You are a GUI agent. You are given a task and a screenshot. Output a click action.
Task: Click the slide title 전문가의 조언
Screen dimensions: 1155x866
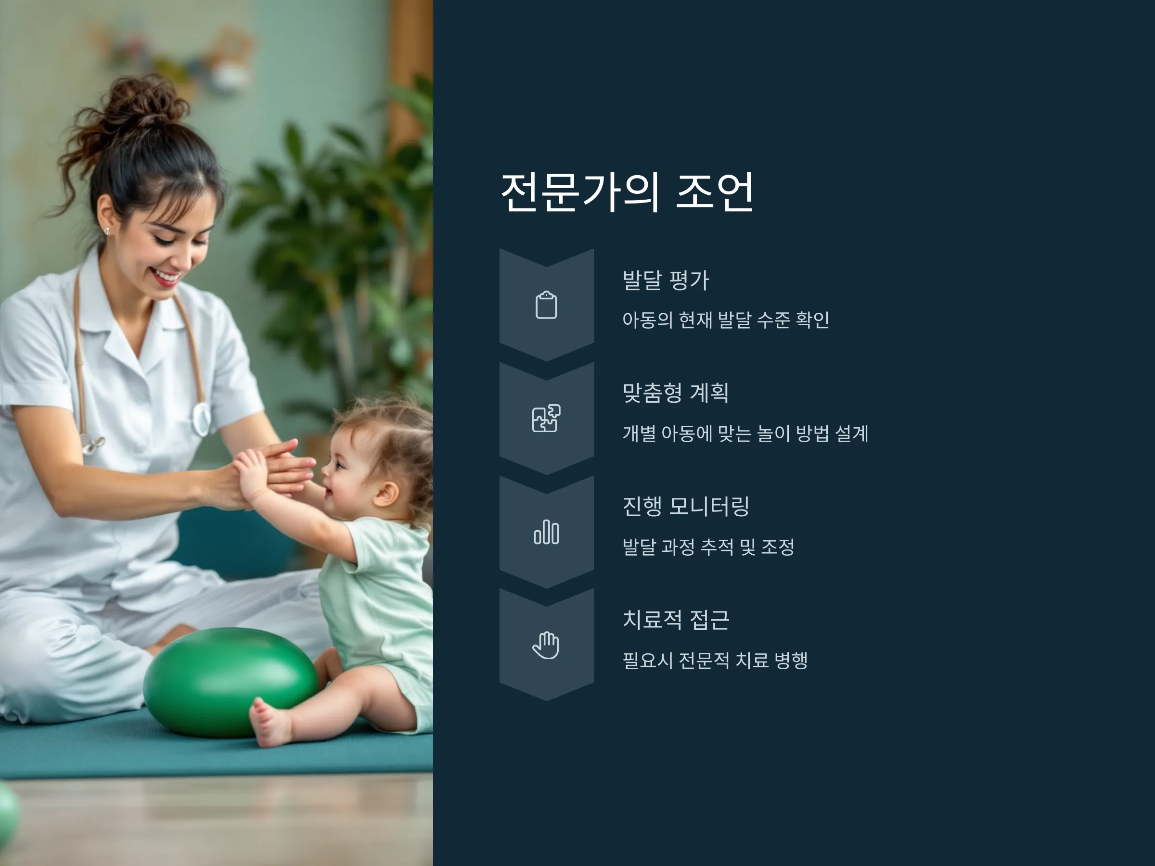coord(627,191)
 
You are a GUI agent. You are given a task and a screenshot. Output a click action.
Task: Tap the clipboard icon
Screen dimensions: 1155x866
coord(546,305)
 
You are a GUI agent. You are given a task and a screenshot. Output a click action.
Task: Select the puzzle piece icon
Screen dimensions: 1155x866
coord(546,418)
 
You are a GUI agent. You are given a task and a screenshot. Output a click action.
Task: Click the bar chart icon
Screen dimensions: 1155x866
coord(546,532)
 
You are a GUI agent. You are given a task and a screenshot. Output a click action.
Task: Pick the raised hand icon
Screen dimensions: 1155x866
coord(546,645)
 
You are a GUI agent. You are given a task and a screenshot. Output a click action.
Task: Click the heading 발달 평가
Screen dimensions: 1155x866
coord(666,280)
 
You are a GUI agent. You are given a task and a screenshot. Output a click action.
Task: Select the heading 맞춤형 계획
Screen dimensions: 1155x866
coord(675,393)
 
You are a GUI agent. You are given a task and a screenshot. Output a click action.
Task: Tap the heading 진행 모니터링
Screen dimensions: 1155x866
coord(686,506)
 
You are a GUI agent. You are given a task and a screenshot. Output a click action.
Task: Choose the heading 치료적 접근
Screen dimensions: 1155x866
coord(676,620)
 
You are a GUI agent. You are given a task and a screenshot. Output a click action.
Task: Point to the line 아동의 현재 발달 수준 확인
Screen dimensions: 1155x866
coord(726,320)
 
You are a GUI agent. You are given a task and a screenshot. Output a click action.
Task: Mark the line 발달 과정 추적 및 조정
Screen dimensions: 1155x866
coord(708,547)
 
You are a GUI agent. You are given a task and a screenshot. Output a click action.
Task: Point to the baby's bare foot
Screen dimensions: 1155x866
coord(270,722)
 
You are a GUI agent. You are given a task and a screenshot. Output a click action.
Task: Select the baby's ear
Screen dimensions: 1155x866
coord(387,493)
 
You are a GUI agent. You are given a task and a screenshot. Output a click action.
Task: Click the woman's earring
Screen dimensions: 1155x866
coord(106,230)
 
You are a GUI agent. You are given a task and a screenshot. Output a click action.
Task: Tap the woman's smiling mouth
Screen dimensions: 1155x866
coord(166,277)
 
